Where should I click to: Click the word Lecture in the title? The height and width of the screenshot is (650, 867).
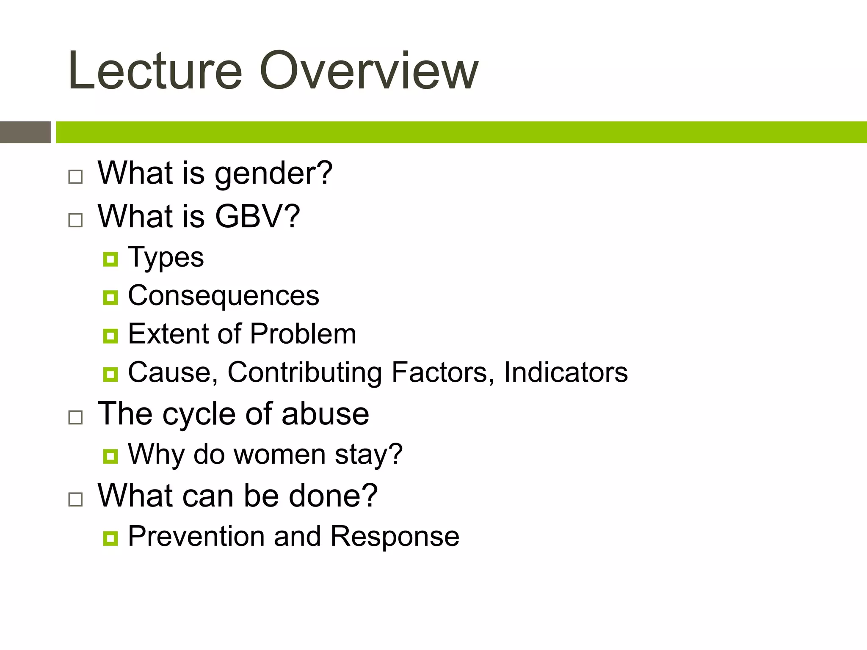(x=155, y=71)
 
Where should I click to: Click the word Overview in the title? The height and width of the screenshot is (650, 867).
(x=368, y=71)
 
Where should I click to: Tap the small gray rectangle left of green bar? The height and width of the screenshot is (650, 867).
(x=25, y=132)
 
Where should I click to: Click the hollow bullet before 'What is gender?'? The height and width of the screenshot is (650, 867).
(x=75, y=176)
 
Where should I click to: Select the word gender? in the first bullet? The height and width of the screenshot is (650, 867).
(x=273, y=174)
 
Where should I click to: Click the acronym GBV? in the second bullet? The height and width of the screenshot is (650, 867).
(x=257, y=217)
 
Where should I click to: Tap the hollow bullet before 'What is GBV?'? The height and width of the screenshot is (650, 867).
(x=75, y=220)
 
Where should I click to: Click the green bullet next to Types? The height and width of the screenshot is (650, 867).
(x=110, y=259)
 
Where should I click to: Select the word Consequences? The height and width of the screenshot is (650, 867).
(x=224, y=296)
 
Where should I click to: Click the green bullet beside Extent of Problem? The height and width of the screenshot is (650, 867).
(x=110, y=336)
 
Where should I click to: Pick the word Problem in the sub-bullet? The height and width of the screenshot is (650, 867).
(x=303, y=334)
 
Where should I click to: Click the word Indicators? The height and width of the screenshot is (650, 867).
(x=566, y=372)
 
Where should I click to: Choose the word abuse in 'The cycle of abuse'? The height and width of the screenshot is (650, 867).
(x=325, y=414)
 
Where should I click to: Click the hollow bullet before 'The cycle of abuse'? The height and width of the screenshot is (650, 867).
(x=75, y=417)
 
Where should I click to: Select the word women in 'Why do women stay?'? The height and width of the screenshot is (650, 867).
(x=279, y=454)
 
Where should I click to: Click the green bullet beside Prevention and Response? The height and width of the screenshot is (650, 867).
(x=110, y=538)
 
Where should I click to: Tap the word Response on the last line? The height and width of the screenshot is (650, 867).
(x=395, y=537)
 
